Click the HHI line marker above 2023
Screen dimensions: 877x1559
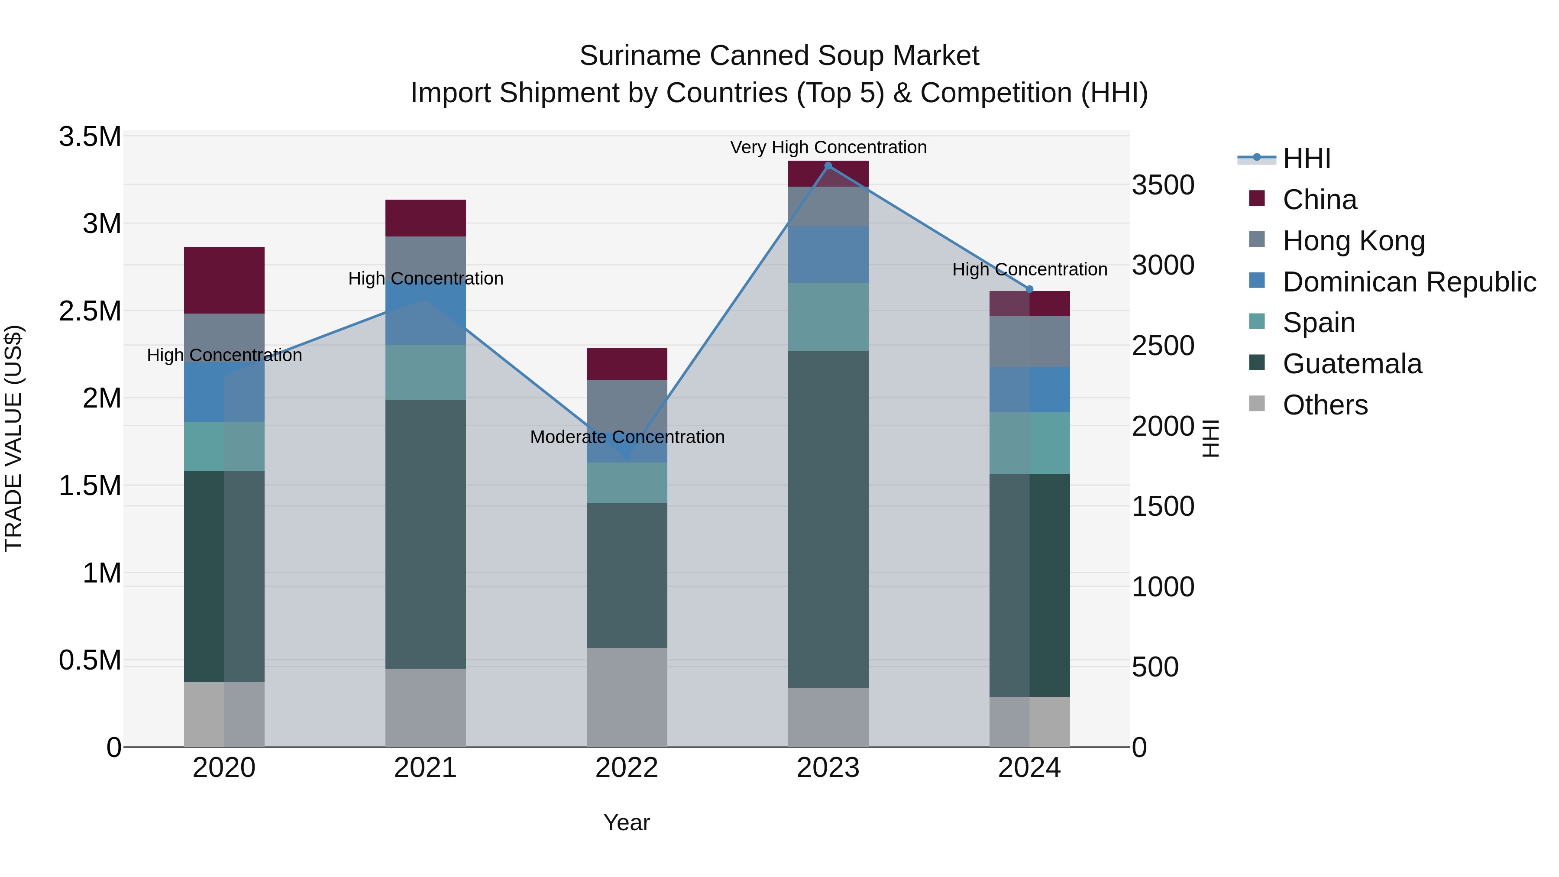[x=828, y=166]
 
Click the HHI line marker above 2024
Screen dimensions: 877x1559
[x=1029, y=289]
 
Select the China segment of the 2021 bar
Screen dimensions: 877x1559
[x=425, y=218]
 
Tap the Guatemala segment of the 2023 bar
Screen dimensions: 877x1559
[x=828, y=519]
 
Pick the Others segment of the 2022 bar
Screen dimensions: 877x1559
[x=627, y=697]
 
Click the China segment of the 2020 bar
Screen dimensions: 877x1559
[x=224, y=280]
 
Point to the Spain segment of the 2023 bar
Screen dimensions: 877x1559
[x=828, y=317]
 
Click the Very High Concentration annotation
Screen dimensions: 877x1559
[x=828, y=147]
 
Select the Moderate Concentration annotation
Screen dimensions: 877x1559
[x=627, y=437]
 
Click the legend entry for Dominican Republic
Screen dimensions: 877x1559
[x=1409, y=282]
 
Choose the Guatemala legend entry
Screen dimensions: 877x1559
[x=1352, y=364]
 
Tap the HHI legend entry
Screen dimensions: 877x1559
[x=1306, y=159]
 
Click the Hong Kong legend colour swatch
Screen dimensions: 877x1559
[x=1257, y=239]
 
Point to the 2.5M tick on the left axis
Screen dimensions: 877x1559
[x=90, y=311]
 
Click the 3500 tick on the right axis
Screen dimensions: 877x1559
[x=1163, y=185]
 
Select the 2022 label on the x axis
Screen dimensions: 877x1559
[x=627, y=768]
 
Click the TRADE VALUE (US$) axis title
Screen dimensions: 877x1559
[x=13, y=438]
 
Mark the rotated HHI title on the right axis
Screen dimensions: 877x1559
[x=1210, y=438]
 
